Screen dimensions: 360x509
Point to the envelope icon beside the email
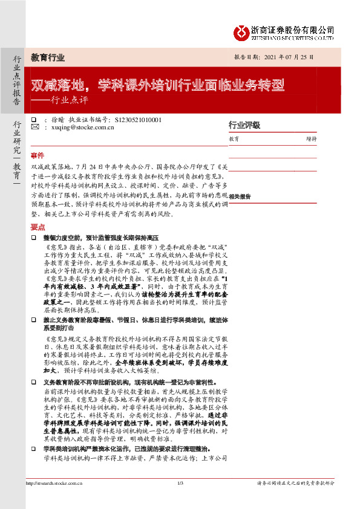pyautogui.click(x=34, y=128)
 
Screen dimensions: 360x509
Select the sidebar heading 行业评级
pyautogui.click(x=244, y=125)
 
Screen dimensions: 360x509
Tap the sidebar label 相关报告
pyautogui.click(x=240, y=196)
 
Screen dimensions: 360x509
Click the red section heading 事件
pyautogui.click(x=37, y=155)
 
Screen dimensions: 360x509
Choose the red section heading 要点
pyautogui.click(x=37, y=227)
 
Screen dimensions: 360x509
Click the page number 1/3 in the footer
pyautogui.click(x=180, y=499)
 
